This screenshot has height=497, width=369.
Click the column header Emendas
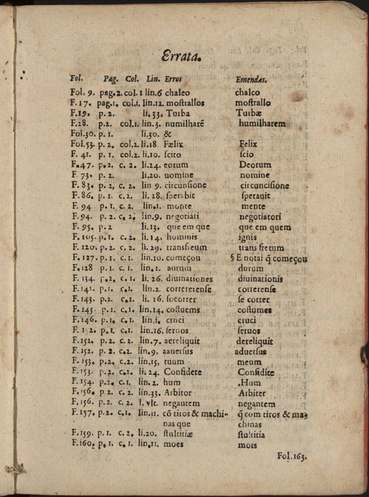[251, 80]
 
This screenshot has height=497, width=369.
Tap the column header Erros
[173, 80]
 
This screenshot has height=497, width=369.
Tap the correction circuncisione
[265, 185]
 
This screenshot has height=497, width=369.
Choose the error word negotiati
[183, 217]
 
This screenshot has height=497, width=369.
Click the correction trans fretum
[261, 248]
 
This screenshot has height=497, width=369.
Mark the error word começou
[183, 258]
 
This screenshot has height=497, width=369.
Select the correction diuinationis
[261, 279]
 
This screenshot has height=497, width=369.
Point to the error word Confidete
[184, 372]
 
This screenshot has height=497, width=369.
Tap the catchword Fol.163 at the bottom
[292, 456]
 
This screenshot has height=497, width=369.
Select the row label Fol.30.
[83, 134]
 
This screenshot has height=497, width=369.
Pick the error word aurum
[179, 268]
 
